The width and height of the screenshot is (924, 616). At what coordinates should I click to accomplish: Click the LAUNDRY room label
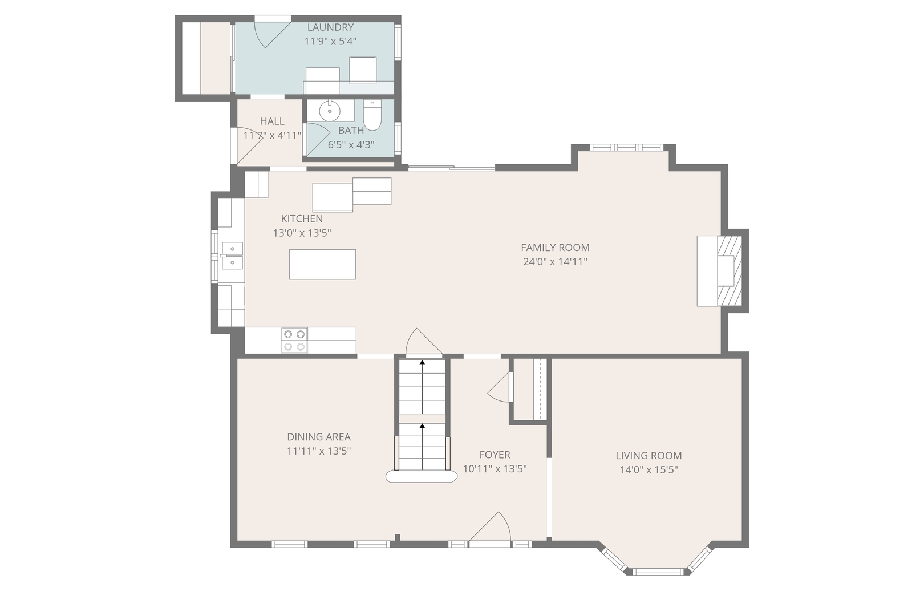pyautogui.click(x=330, y=27)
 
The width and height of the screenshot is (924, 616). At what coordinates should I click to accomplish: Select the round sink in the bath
pyautogui.click(x=330, y=111)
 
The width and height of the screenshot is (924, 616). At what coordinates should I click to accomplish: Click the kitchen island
pyautogui.click(x=322, y=265)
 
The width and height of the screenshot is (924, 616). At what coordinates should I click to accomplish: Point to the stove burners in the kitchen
pyautogui.click(x=294, y=341)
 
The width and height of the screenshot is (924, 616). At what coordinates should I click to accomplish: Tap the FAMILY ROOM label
pyautogui.click(x=555, y=248)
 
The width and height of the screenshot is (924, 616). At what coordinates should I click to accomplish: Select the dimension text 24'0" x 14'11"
pyautogui.click(x=555, y=262)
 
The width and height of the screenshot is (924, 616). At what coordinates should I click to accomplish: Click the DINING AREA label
pyautogui.click(x=319, y=437)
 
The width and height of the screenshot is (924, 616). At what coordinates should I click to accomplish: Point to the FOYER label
pyautogui.click(x=495, y=455)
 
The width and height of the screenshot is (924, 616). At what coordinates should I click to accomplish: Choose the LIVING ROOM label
pyautogui.click(x=649, y=456)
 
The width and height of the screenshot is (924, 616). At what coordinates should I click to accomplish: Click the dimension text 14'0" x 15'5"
pyautogui.click(x=649, y=470)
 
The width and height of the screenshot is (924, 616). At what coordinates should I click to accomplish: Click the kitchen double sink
pyautogui.click(x=232, y=256)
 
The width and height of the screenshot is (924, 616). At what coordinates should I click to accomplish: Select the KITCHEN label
pyautogui.click(x=302, y=218)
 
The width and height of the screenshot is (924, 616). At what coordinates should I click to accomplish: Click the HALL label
pyautogui.click(x=272, y=121)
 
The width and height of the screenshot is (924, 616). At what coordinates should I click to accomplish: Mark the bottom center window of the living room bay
pyautogui.click(x=658, y=572)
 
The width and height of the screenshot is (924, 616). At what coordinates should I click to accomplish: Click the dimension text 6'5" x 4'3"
pyautogui.click(x=351, y=145)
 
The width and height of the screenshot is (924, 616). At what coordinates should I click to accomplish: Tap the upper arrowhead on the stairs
pyautogui.click(x=422, y=363)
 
